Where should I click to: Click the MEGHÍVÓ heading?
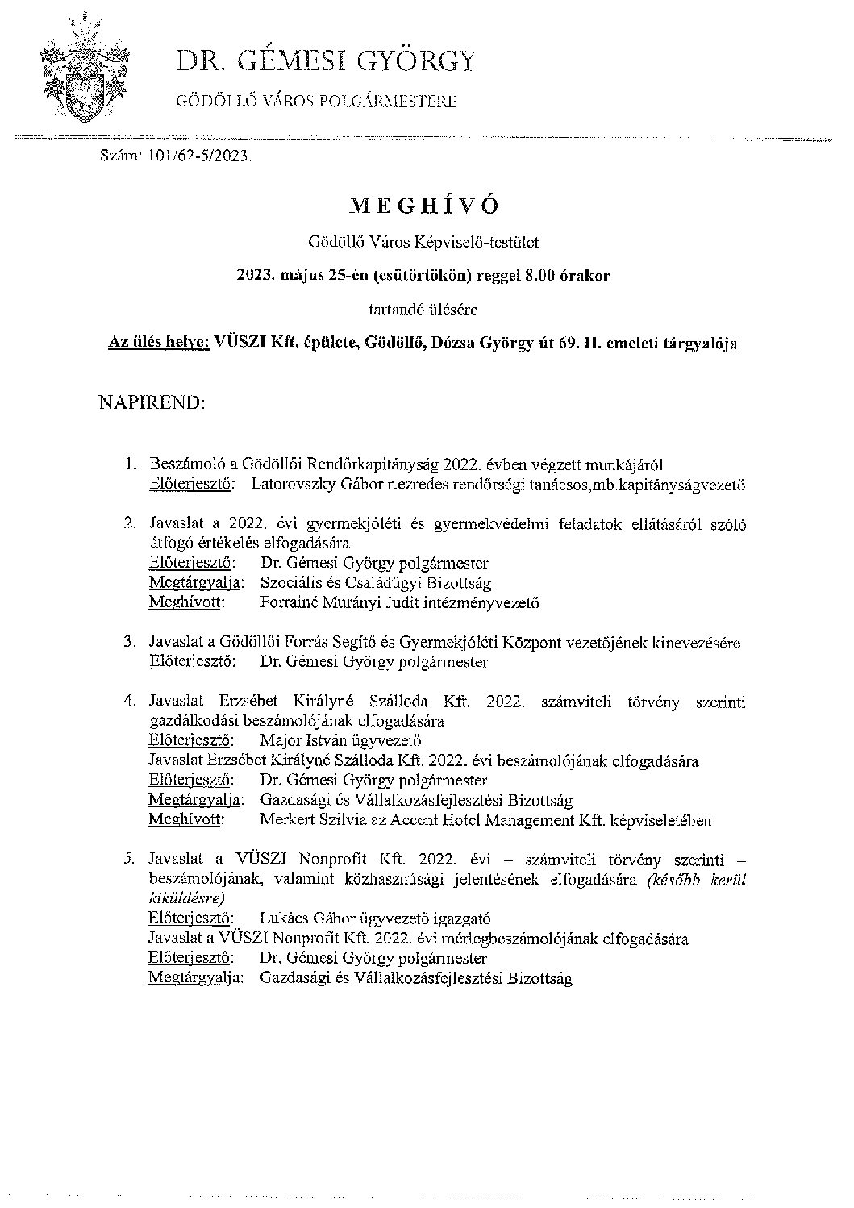tap(423, 206)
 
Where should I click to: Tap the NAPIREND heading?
tap(152, 402)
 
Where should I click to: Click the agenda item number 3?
tap(129, 643)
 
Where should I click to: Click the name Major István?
tap(302, 740)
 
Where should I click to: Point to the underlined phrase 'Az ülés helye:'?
tap(159, 343)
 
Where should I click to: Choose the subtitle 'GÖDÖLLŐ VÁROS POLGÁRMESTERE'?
tap(317, 102)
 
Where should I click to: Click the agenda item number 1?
tap(129, 465)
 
